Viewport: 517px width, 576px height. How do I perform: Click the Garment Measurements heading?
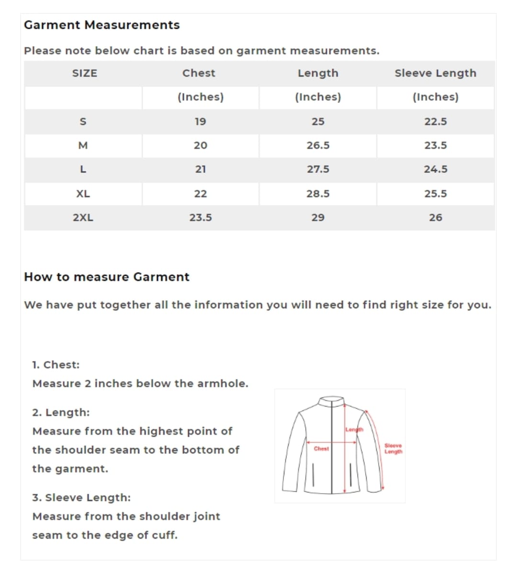101,25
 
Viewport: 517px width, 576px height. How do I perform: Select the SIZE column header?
84,73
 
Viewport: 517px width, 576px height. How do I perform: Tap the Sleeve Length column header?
435,73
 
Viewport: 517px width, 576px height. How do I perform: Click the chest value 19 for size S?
200,122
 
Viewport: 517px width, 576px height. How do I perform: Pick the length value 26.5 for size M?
318,146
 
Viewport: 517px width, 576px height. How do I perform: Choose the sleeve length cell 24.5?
435,169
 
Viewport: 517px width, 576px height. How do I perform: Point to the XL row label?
83,194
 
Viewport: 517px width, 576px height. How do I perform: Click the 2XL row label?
83,218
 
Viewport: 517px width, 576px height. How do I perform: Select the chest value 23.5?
200,218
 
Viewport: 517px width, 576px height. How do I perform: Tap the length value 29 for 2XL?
318,218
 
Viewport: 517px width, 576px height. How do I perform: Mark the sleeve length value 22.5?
435,122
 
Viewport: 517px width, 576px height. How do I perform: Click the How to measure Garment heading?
106,277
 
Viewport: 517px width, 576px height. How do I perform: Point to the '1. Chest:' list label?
56,365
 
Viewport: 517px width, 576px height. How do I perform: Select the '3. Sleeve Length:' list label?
81,497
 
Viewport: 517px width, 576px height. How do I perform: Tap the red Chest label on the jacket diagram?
321,449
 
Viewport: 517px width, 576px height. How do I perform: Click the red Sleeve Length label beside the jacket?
393,449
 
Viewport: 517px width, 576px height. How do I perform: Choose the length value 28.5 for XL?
318,194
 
